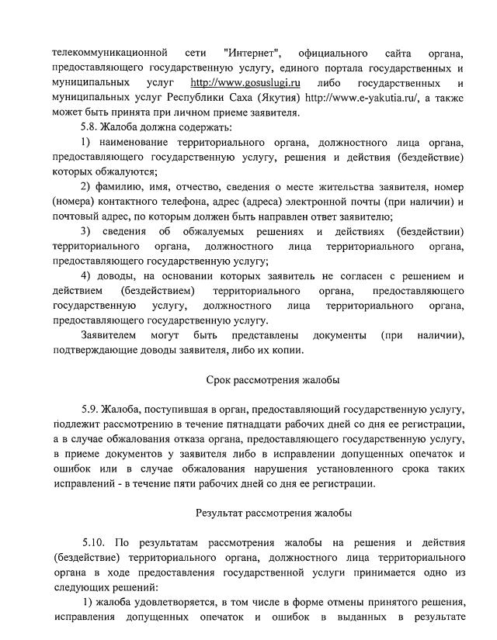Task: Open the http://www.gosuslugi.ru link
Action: (x=245, y=82)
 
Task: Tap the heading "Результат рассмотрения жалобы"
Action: (x=273, y=512)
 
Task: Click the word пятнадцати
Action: (x=258, y=424)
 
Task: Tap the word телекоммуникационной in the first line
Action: (x=110, y=53)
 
